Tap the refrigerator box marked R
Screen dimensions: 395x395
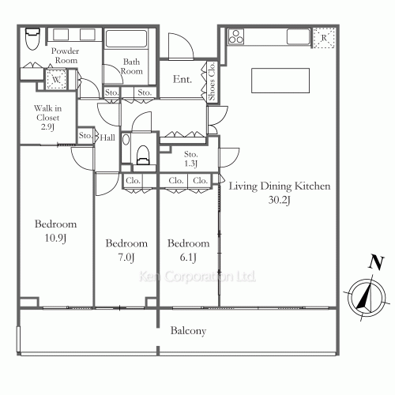click(324, 38)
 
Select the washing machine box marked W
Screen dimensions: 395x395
click(56, 79)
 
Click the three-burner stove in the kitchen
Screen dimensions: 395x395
click(236, 36)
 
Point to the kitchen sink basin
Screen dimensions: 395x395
click(298, 36)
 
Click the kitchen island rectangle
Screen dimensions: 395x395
click(280, 81)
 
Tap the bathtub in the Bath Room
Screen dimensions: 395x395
click(126, 39)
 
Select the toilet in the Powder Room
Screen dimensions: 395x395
click(32, 39)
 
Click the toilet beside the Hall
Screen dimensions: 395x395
click(143, 156)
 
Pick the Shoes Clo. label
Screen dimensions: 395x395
click(212, 81)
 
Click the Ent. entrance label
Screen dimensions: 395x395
click(182, 79)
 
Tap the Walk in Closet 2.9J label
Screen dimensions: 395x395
click(47, 118)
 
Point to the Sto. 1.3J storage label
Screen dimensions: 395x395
click(191, 159)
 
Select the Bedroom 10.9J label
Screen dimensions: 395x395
click(55, 231)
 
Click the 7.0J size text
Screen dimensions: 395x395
click(126, 258)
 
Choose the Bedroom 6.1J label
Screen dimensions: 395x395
click(189, 250)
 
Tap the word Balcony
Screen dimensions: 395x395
click(188, 331)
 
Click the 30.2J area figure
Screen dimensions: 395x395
click(280, 200)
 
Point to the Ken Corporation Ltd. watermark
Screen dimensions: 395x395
click(197, 276)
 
